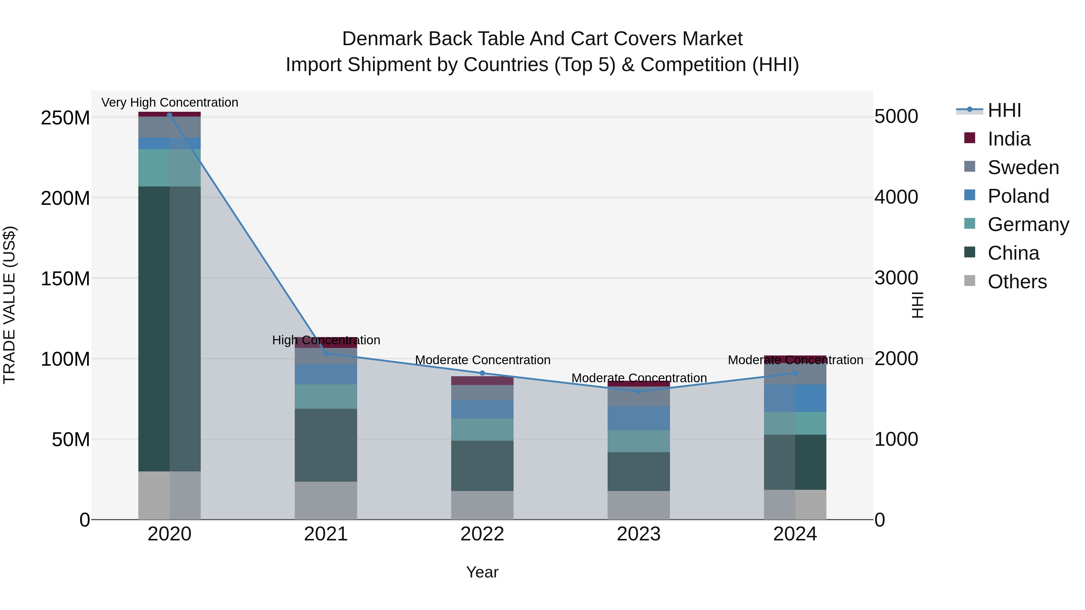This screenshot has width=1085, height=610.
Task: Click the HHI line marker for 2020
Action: [x=169, y=115]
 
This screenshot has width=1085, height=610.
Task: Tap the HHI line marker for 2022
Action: [x=482, y=373]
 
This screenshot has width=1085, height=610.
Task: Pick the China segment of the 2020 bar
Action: [x=169, y=328]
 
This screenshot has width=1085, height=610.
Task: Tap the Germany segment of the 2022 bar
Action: [x=482, y=429]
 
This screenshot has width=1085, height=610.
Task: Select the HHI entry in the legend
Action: [x=1004, y=110]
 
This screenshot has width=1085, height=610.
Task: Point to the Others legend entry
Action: [x=1017, y=282]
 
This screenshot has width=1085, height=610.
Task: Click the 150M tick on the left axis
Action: [x=65, y=279]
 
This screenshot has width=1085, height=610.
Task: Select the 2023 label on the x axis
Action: [x=639, y=534]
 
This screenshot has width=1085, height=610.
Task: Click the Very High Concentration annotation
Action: [x=170, y=102]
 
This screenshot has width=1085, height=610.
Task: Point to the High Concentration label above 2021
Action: [x=326, y=340]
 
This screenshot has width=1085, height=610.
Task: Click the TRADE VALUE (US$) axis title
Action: [x=9, y=305]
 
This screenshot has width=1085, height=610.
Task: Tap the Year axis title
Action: [x=482, y=572]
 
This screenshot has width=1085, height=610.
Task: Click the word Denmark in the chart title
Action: [x=382, y=39]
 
